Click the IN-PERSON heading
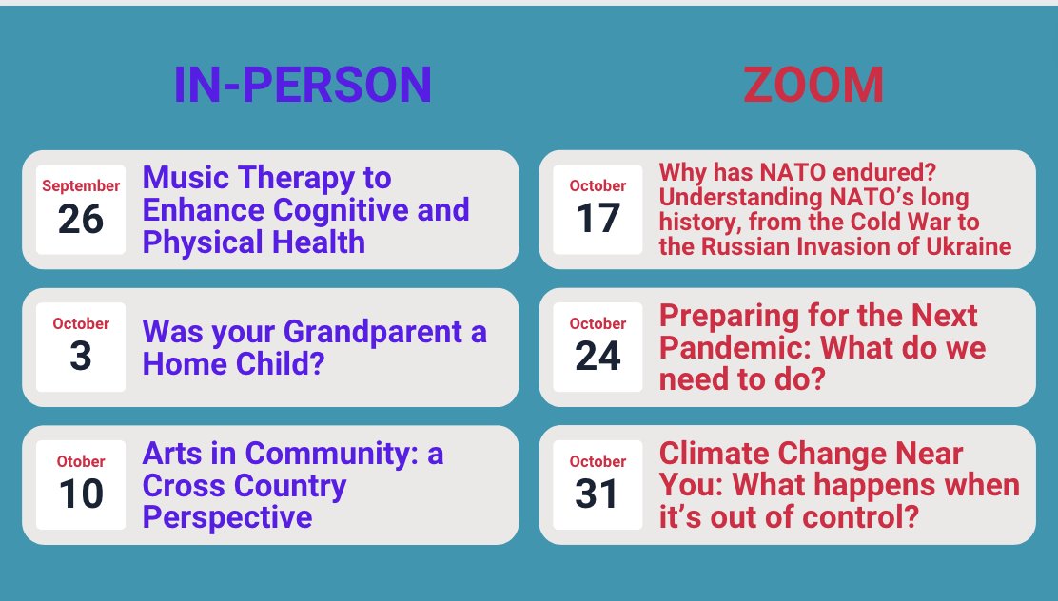point(303,85)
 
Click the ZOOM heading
point(813,85)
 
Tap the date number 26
point(80,219)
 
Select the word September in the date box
point(80,185)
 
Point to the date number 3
point(80,356)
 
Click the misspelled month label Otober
point(80,461)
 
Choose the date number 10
point(80,494)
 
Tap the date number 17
point(598,219)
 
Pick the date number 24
point(598,356)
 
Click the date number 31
point(598,494)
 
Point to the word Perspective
point(227,517)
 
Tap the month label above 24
point(598,323)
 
